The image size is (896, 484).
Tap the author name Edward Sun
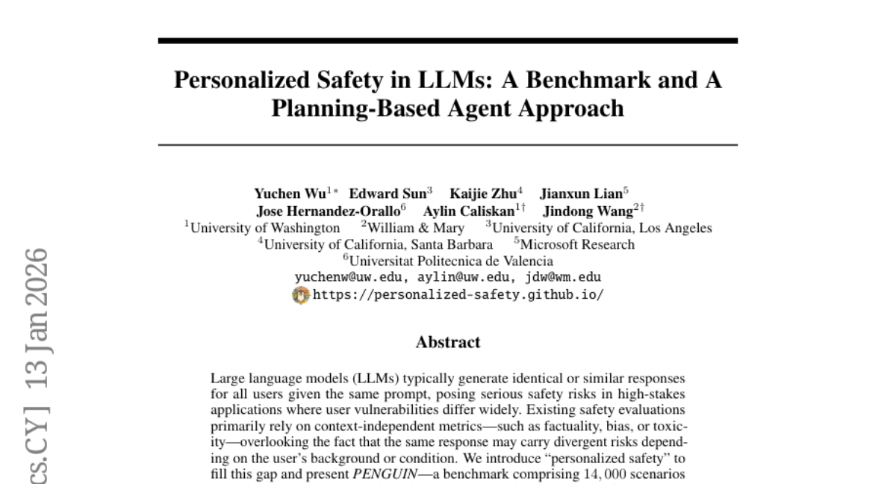(388, 193)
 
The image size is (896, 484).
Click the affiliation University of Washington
(265, 228)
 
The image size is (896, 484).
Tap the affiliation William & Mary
(417, 228)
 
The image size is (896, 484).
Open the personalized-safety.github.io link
(458, 294)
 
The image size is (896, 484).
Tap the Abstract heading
(448, 343)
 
